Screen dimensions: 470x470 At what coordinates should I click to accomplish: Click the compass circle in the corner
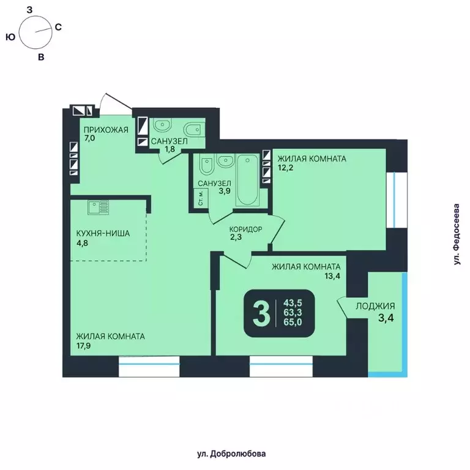pyautogui.click(x=34, y=32)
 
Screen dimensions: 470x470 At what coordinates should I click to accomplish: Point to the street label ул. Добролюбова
pyautogui.click(x=236, y=453)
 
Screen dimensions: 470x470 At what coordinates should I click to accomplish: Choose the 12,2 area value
pyautogui.click(x=282, y=169)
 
